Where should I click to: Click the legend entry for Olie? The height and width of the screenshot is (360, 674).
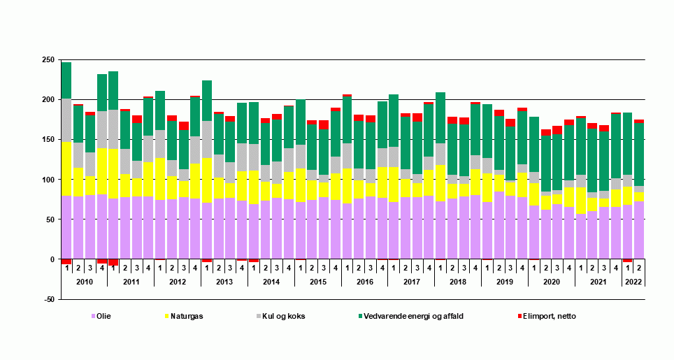click(103, 316)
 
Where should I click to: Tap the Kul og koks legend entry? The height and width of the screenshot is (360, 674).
click(282, 316)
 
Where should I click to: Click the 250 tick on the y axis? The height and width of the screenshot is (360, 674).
click(48, 60)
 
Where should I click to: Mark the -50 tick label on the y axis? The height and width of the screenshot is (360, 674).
click(48, 299)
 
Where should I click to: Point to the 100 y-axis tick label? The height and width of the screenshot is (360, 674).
click(48, 180)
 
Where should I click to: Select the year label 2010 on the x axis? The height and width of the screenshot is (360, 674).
click(84, 281)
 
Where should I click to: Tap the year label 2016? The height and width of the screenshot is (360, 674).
click(364, 281)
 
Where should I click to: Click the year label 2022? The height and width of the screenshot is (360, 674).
click(633, 281)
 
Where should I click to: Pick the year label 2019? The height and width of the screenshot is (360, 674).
click(505, 281)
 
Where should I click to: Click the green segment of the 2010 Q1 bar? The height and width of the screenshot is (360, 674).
click(66, 80)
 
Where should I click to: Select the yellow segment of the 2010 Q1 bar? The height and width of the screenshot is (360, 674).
click(66, 168)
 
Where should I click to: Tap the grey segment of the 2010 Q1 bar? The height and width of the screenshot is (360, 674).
click(66, 120)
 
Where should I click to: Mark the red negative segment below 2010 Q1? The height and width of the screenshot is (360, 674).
click(66, 261)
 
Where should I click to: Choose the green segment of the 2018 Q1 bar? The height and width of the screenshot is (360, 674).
click(440, 118)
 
